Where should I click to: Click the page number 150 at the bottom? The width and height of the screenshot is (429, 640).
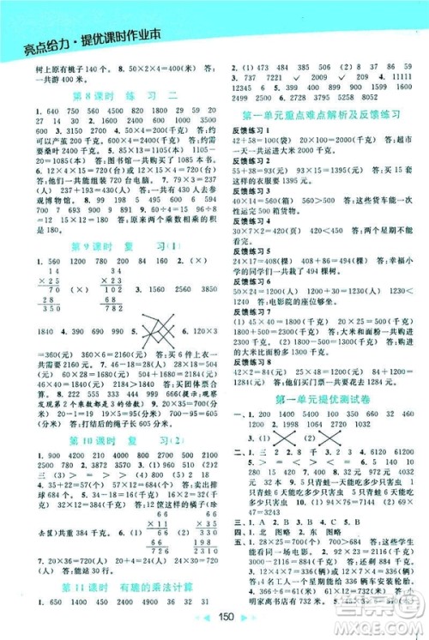point(214,625)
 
